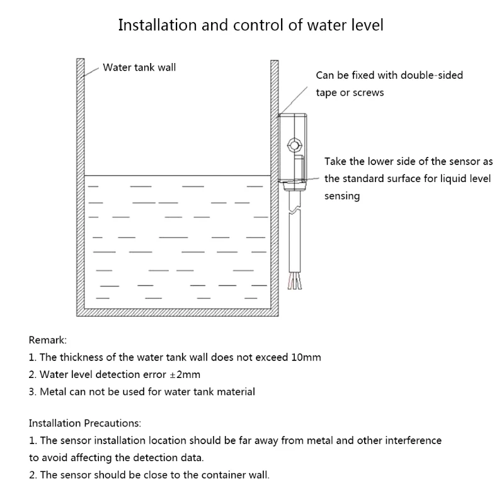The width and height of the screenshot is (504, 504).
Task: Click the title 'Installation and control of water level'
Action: coord(251,26)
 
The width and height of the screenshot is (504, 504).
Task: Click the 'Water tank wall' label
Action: coord(139,67)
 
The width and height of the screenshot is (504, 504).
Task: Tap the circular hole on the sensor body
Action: coord(294,145)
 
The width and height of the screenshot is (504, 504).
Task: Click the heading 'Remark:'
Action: coord(47,340)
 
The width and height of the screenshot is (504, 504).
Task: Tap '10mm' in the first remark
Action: coord(306,357)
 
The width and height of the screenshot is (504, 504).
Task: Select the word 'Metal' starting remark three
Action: coord(53,391)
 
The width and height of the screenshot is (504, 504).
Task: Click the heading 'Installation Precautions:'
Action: coord(85,423)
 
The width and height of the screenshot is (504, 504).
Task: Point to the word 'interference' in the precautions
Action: coord(413,440)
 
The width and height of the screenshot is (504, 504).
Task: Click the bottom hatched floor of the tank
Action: coord(177,312)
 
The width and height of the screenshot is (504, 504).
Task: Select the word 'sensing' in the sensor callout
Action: coord(342,196)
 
